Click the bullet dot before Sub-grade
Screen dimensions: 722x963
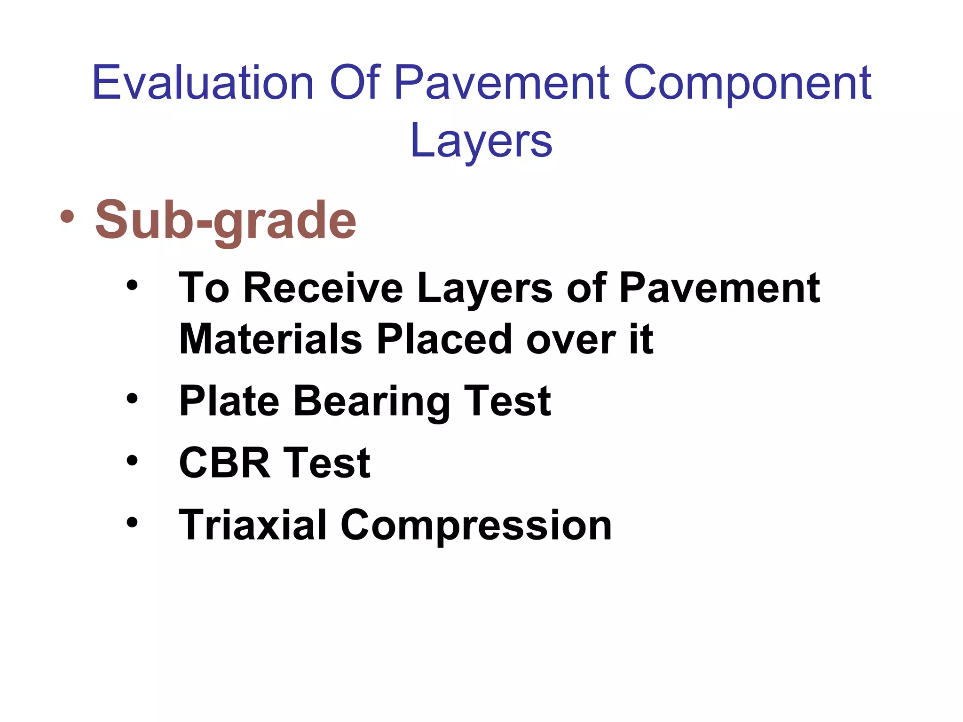point(67,217)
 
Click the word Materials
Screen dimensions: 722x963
point(271,339)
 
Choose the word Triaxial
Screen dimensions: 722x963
point(253,525)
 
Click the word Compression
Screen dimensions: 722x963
point(476,526)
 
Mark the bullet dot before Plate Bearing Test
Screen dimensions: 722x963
point(132,399)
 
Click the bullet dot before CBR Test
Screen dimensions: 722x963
point(132,461)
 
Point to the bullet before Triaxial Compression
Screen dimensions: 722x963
point(132,522)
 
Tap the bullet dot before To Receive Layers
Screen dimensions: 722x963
point(132,285)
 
